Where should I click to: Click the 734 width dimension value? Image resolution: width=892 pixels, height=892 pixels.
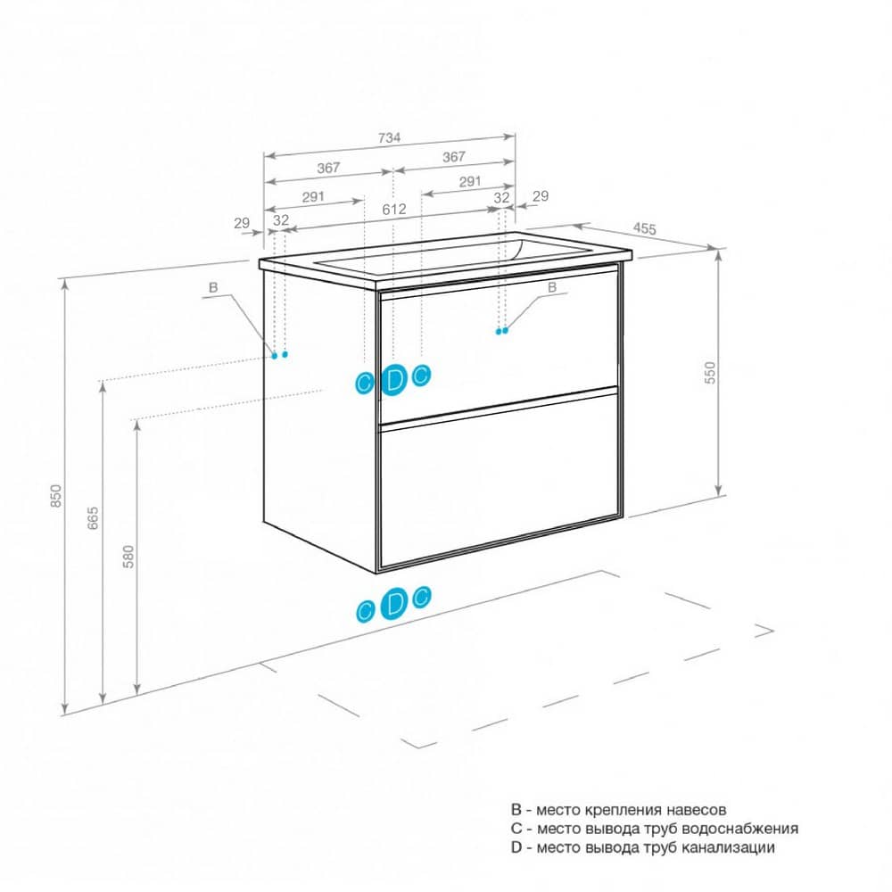point(389,137)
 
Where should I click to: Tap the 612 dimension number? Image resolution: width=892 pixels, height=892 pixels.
point(394,210)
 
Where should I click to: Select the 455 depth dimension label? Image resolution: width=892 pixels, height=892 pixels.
point(645,228)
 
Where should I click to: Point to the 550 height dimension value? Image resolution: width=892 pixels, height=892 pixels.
point(710,373)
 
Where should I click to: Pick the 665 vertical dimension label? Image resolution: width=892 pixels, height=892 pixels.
point(93,518)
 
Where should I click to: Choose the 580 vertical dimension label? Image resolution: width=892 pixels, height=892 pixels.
point(128,557)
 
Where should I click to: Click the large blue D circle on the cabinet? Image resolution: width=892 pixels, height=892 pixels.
point(393,380)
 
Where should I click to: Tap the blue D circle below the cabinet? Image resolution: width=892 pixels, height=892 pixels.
point(393,604)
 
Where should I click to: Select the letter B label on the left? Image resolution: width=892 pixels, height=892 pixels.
point(213,287)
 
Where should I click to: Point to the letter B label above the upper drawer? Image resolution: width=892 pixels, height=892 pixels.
point(552,288)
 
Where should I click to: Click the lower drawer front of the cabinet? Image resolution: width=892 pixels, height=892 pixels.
point(499,480)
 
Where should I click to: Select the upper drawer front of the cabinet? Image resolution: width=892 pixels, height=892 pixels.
point(499,347)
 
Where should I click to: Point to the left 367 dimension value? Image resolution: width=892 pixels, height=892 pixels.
point(328,168)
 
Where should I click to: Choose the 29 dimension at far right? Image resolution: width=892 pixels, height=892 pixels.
point(541,195)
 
